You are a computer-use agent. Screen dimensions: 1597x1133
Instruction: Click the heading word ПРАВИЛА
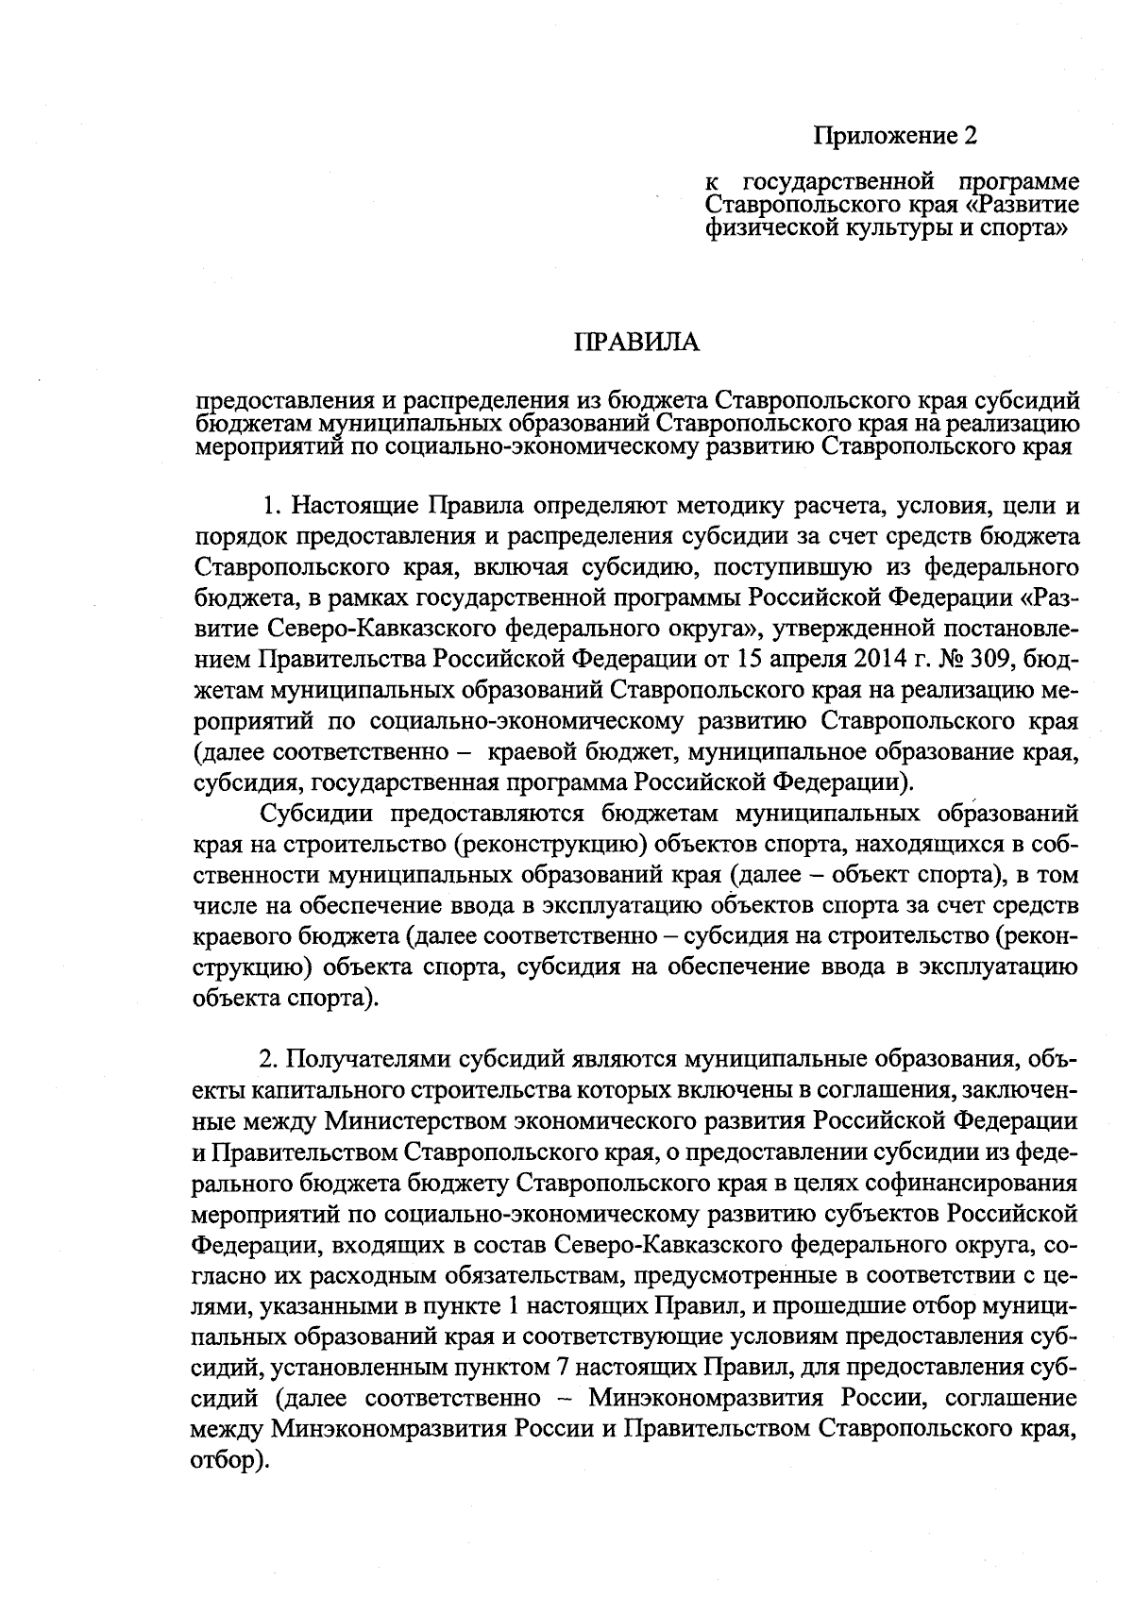637,342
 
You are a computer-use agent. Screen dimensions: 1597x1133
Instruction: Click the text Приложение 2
894,136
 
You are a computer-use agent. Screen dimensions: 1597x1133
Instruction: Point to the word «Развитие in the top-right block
1026,204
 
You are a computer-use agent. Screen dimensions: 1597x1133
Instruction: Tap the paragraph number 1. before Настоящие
273,507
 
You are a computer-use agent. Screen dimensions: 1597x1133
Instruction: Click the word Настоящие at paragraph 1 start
355,507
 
